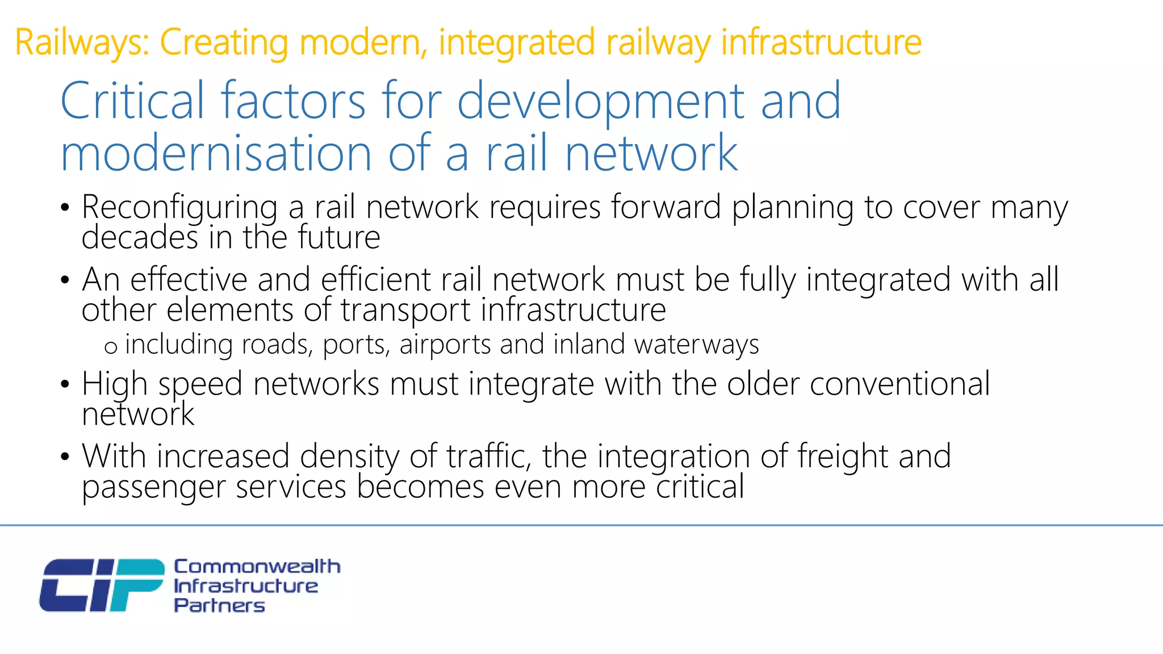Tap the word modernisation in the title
coord(216,153)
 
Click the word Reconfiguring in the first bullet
coord(179,208)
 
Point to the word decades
coord(140,237)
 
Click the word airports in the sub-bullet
coord(445,345)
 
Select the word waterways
coord(696,345)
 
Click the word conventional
coord(900,384)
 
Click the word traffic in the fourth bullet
coord(489,457)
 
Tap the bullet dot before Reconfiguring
coord(65,208)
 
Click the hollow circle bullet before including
coord(111,347)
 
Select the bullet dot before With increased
coord(65,457)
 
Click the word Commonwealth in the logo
coord(257,566)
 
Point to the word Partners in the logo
coord(219,606)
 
